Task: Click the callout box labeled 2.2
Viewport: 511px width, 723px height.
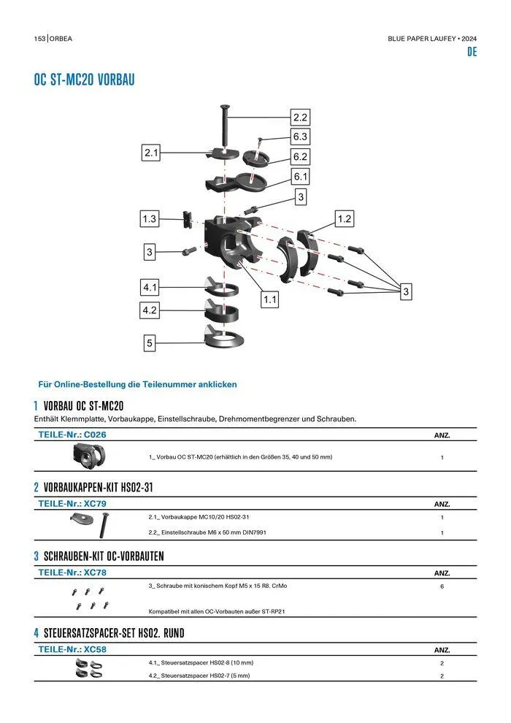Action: [x=300, y=117]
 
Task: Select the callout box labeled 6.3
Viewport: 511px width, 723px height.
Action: [x=300, y=137]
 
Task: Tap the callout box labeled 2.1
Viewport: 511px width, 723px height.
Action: [x=151, y=153]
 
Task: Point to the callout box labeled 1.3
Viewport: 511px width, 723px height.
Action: [x=149, y=218]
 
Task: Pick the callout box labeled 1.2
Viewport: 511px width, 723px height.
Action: [x=345, y=218]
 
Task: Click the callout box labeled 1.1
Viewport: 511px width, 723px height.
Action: [x=270, y=299]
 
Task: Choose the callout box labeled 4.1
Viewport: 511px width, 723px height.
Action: [x=150, y=288]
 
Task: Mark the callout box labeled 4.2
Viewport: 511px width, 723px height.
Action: [x=150, y=310]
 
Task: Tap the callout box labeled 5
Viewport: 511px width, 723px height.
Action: [x=149, y=343]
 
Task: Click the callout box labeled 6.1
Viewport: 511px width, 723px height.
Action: [x=300, y=177]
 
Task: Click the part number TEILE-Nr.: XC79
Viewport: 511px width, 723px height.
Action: [x=72, y=504]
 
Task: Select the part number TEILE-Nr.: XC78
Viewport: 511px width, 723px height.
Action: [x=72, y=573]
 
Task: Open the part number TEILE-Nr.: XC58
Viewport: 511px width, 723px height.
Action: [x=72, y=649]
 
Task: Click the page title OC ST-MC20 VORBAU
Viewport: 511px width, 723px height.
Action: [x=84, y=80]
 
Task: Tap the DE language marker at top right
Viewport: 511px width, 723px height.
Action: [x=472, y=53]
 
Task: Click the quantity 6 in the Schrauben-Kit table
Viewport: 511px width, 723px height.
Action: [x=442, y=586]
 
